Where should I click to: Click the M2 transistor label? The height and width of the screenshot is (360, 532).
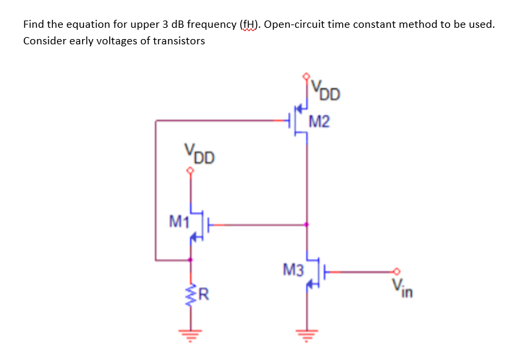(320, 122)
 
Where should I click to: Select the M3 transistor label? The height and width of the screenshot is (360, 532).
(292, 269)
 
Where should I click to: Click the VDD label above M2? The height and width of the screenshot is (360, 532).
(326, 89)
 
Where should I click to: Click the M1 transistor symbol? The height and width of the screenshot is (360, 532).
(198, 225)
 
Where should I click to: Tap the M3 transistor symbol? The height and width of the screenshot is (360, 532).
(314, 271)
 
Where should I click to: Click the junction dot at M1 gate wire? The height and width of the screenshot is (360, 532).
(306, 225)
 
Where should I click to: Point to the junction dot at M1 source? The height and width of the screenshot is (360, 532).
(191, 259)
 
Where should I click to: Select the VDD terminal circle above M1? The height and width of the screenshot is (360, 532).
(191, 171)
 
